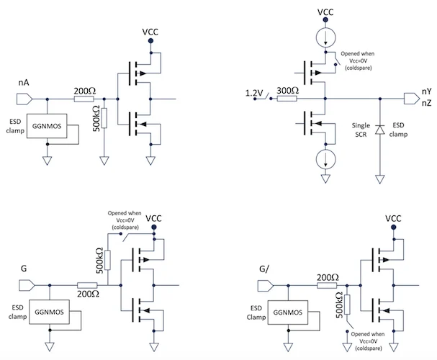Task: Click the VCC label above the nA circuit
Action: pos(150,33)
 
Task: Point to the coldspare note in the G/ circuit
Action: pos(375,340)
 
